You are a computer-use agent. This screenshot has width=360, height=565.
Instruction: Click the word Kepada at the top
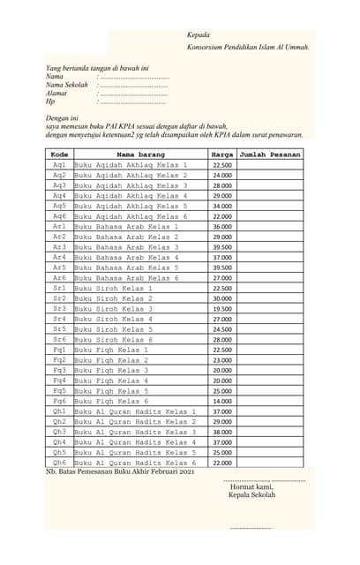[x=199, y=34]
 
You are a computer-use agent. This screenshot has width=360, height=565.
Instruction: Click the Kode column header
[x=59, y=154]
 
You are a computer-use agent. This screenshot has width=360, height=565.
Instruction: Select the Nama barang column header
[x=140, y=154]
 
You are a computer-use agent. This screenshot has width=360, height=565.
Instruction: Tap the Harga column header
[x=222, y=154]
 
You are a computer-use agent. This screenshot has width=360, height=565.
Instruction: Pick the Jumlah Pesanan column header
[x=270, y=154]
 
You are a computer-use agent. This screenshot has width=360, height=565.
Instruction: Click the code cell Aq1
[x=59, y=165]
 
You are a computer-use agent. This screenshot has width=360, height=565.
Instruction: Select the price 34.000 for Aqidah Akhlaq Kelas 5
[x=222, y=206]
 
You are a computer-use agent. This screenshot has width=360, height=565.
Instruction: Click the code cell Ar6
[x=59, y=278]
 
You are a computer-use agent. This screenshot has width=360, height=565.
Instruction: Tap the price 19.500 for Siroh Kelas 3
[x=222, y=309]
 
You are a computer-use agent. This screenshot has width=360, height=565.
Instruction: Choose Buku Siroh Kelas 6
[x=114, y=340]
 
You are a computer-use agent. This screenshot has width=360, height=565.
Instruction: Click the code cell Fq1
[x=59, y=350]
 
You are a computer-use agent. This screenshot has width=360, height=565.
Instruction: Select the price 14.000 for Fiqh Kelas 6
[x=222, y=401]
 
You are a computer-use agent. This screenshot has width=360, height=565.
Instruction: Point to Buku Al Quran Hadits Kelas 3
[x=135, y=433]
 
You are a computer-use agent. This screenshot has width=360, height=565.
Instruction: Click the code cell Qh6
[x=59, y=463]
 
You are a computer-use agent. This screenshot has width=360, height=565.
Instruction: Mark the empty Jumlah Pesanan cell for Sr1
[x=270, y=288]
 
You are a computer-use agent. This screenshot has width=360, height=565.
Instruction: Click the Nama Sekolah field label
[x=67, y=85]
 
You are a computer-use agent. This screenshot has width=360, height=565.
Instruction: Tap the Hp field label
[x=50, y=102]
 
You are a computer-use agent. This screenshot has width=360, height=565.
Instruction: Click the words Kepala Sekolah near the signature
[x=251, y=495]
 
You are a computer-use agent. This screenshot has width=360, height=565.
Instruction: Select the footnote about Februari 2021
[x=119, y=473]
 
